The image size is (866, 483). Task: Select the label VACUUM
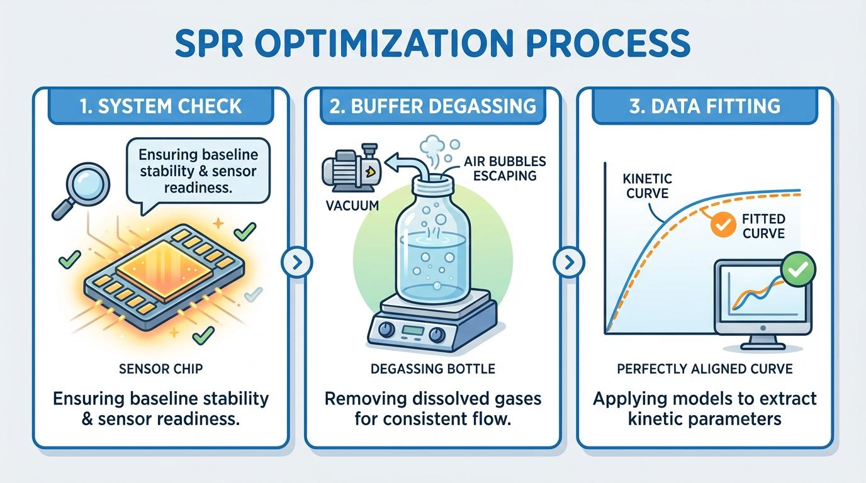pyautogui.click(x=352, y=205)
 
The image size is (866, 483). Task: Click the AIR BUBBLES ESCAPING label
pyautogui.click(x=505, y=169)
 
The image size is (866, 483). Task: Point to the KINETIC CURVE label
pyautogui.click(x=647, y=186)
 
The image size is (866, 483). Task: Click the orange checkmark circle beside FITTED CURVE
pyautogui.click(x=723, y=225)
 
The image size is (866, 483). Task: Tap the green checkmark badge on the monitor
pyautogui.click(x=798, y=269)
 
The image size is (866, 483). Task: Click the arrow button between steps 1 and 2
pyautogui.click(x=296, y=263)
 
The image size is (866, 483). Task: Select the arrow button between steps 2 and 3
pyautogui.click(x=569, y=263)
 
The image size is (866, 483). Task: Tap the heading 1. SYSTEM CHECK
pyautogui.click(x=161, y=106)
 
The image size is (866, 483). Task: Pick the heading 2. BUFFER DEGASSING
pyautogui.click(x=432, y=106)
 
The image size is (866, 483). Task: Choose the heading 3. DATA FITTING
pyautogui.click(x=705, y=106)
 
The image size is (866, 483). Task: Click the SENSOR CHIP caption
pyautogui.click(x=161, y=369)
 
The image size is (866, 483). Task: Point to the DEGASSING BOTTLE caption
pyautogui.click(x=432, y=369)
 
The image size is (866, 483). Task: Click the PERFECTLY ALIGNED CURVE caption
pyautogui.click(x=705, y=369)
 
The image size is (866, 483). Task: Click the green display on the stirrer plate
pyautogui.click(x=412, y=331)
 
